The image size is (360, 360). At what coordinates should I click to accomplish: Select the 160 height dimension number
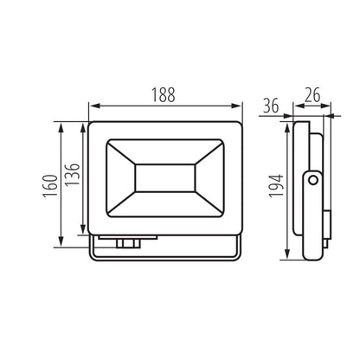[x=50, y=184]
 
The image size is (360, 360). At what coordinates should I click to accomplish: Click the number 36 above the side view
[x=270, y=106]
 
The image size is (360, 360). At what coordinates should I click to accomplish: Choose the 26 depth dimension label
[x=312, y=93]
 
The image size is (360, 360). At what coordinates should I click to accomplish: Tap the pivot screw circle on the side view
[x=312, y=180]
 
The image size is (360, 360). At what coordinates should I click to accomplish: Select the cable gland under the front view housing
[x=126, y=244]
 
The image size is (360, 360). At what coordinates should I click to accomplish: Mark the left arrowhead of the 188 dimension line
[x=93, y=107]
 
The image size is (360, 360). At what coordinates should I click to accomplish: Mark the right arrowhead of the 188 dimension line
[x=239, y=107]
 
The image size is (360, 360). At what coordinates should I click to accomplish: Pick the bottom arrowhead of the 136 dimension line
[x=84, y=231]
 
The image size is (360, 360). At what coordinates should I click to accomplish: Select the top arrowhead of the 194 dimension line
[x=286, y=116]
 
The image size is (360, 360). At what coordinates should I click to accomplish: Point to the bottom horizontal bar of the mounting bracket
[x=164, y=258]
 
